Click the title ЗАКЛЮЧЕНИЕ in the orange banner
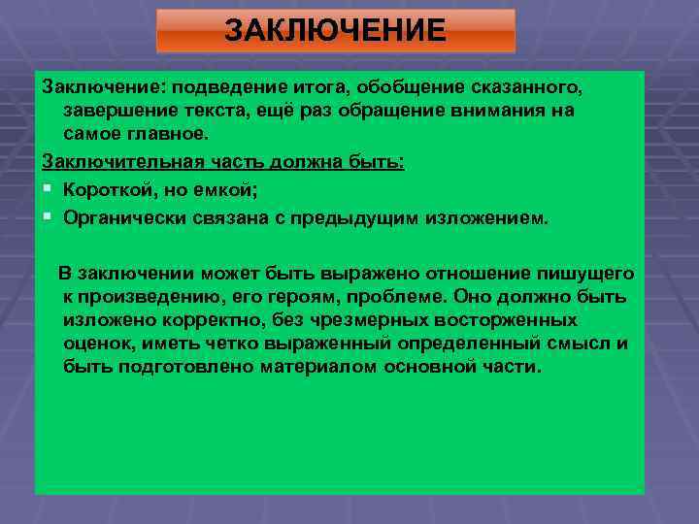click(x=335, y=30)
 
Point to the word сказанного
click(x=522, y=88)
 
